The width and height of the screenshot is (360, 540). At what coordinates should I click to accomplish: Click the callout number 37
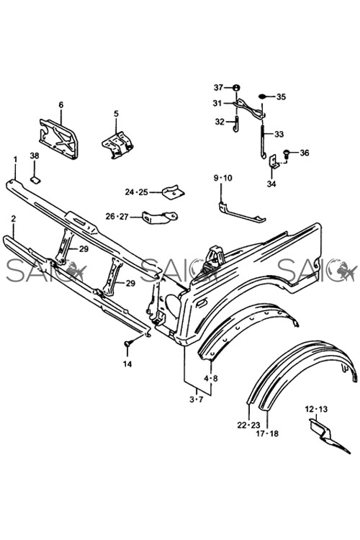pyautogui.click(x=218, y=87)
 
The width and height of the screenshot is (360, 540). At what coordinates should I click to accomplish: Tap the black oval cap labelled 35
pyautogui.click(x=264, y=96)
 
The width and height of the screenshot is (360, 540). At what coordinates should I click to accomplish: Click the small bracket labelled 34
pyautogui.click(x=273, y=161)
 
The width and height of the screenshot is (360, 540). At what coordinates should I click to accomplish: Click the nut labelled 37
pyautogui.click(x=236, y=88)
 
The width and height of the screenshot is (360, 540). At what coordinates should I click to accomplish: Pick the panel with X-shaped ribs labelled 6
pyautogui.click(x=58, y=138)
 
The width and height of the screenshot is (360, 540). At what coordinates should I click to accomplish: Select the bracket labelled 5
pyautogui.click(x=118, y=145)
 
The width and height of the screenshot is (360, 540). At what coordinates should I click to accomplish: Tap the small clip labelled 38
pyautogui.click(x=35, y=179)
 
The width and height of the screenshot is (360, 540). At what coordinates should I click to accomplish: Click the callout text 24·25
pyautogui.click(x=136, y=192)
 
